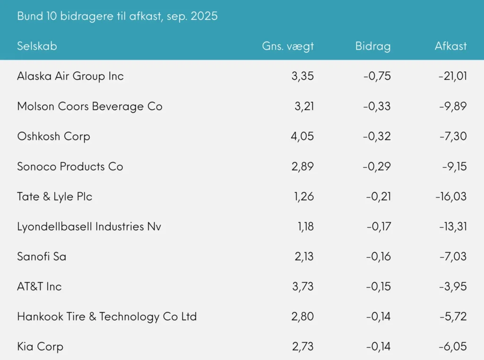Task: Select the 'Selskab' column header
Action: click(x=37, y=46)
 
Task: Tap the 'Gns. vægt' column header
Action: click(x=288, y=46)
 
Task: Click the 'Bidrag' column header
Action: click(x=373, y=46)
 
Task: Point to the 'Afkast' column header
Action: click(x=450, y=46)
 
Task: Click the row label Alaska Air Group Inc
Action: click(x=70, y=76)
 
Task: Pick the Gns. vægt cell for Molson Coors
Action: click(x=304, y=106)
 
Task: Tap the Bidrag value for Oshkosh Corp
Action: click(x=377, y=137)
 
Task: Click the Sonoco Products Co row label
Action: click(x=70, y=166)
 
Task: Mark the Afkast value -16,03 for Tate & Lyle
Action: click(x=450, y=197)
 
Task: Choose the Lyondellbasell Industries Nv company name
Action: click(x=89, y=227)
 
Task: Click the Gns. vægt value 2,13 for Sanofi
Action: click(x=303, y=257)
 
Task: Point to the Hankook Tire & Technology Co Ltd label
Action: click(x=107, y=317)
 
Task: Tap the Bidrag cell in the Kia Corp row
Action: click(x=378, y=347)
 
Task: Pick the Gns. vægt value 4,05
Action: click(x=303, y=137)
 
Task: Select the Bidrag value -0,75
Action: click(x=377, y=76)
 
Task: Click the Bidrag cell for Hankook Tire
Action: click(x=378, y=317)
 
